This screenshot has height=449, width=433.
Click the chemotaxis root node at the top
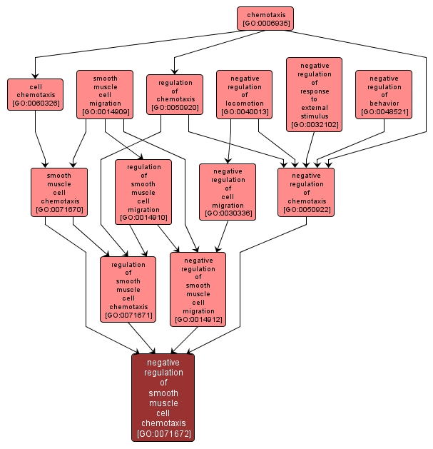(265, 19)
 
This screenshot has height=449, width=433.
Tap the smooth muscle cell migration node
(106, 94)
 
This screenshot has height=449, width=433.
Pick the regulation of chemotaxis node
(175, 94)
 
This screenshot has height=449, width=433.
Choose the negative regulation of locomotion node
(244, 94)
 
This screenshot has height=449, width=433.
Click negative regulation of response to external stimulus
(314, 94)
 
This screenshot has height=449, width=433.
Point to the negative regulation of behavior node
(384, 94)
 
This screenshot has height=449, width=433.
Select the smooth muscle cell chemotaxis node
(58, 191)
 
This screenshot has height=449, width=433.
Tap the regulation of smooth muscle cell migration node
(143, 191)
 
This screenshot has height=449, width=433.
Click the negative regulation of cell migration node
(228, 191)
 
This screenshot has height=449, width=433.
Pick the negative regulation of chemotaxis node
(306, 191)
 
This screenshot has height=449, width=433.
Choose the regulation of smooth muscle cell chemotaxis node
(128, 289)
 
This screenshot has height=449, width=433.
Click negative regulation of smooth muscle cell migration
(198, 289)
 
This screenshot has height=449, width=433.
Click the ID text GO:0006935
(265, 24)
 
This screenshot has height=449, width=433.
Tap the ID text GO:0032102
(314, 124)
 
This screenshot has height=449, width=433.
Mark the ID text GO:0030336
(228, 212)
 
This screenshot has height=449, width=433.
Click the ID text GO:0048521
(384, 113)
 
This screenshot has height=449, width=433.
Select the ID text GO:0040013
(244, 113)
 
